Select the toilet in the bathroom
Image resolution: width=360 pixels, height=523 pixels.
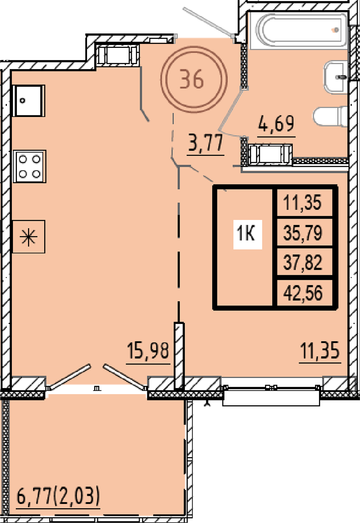[x=330, y=117]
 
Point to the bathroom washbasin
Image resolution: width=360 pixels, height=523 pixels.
[x=336, y=77]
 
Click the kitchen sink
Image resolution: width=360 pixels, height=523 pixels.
[x=29, y=100]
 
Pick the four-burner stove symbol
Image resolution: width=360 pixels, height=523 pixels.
[x=30, y=166]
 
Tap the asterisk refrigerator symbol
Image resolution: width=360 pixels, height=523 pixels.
[x=28, y=237]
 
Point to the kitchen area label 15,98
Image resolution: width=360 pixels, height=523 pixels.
[x=148, y=350]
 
